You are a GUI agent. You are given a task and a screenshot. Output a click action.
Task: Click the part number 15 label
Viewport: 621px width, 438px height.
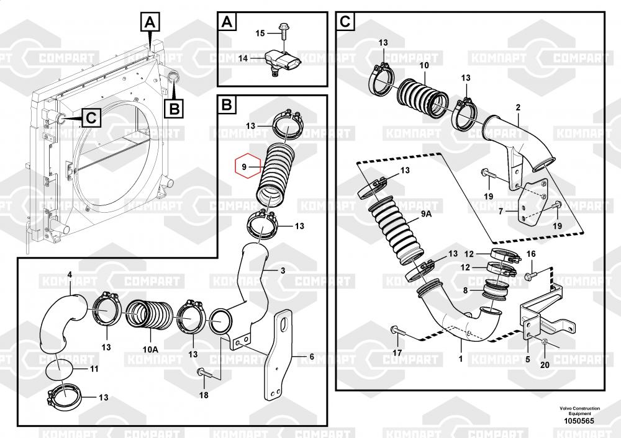click(x=260, y=32)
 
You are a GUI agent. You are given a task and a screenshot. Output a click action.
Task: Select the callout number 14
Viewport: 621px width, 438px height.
click(x=243, y=58)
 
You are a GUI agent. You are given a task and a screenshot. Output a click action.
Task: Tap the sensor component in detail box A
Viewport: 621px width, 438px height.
click(x=283, y=60)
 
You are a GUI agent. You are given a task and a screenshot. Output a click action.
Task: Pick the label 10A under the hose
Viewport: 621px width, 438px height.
click(x=150, y=349)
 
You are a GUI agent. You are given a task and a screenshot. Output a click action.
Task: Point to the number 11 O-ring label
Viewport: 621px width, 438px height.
click(x=94, y=369)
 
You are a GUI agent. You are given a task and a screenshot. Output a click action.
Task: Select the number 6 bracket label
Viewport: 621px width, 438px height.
click(x=312, y=357)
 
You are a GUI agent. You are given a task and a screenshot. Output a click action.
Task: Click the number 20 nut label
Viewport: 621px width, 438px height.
click(x=545, y=365)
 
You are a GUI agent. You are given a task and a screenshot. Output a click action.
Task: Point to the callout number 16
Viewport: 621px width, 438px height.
click(x=530, y=253)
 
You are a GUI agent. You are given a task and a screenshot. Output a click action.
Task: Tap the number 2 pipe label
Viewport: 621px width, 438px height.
click(x=517, y=107)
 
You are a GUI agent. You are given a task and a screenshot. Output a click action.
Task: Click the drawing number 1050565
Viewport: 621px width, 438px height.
click(x=579, y=421)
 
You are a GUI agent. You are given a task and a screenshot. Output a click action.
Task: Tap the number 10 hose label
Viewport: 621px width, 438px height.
click(x=424, y=65)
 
